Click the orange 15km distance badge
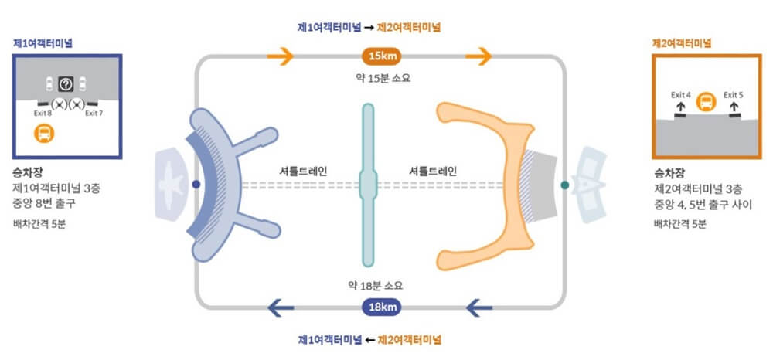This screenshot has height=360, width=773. (x=383, y=56)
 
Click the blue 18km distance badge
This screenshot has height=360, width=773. (x=383, y=308)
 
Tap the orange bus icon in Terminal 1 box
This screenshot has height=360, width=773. (x=45, y=133)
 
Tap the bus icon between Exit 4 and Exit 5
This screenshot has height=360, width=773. (x=706, y=102)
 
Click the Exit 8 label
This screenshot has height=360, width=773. (x=43, y=114)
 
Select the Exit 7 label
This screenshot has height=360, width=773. (x=94, y=114)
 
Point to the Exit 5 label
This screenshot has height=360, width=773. (x=733, y=95)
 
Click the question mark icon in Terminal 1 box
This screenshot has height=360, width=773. (x=66, y=83)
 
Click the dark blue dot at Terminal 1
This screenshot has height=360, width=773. (x=196, y=184)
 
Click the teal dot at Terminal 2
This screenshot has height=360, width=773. (x=565, y=185)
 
